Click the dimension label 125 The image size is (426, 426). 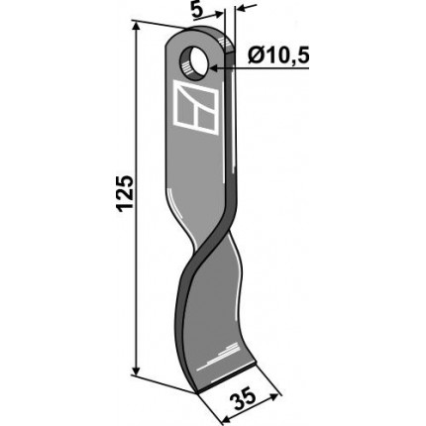[125, 194]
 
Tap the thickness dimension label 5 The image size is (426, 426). [197, 11]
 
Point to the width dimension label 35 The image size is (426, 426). [246, 399]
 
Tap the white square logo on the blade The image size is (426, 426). [195, 107]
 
